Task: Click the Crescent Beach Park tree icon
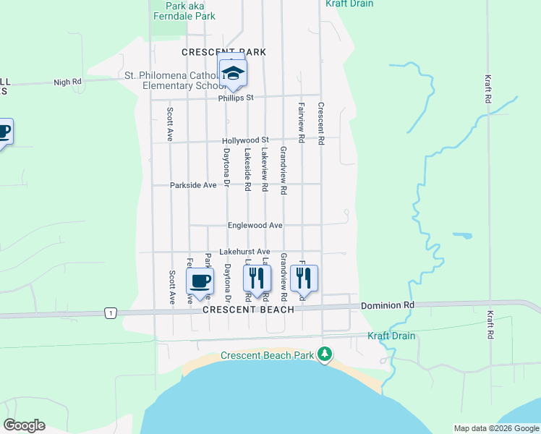[326, 354]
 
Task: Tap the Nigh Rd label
[67, 82]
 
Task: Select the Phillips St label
[237, 97]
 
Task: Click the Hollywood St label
[245, 140]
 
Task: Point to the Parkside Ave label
[193, 185]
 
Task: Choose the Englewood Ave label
[255, 225]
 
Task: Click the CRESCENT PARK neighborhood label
[223, 52]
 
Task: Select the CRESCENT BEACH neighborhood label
[248, 310]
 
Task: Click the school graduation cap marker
[233, 73]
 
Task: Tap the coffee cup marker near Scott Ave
[200, 281]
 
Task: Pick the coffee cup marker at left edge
[4, 132]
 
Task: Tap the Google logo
[24, 425]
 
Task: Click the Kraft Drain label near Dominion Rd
[391, 336]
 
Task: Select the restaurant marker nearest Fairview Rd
[304, 278]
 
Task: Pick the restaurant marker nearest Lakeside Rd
[257, 278]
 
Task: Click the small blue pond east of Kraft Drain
[463, 235]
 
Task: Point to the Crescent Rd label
[320, 124]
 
